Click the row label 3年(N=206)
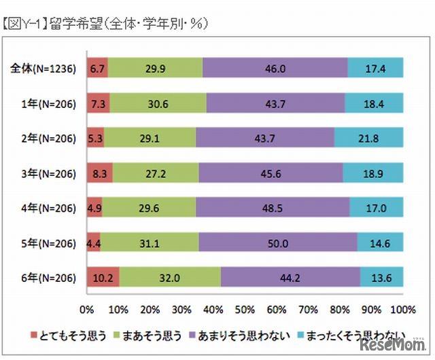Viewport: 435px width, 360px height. click(x=47, y=173)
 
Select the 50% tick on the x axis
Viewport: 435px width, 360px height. click(x=245, y=310)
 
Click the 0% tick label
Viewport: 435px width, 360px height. click(x=87, y=310)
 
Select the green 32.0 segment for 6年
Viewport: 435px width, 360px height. click(x=169, y=277)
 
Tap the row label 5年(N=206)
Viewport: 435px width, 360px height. click(x=47, y=242)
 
